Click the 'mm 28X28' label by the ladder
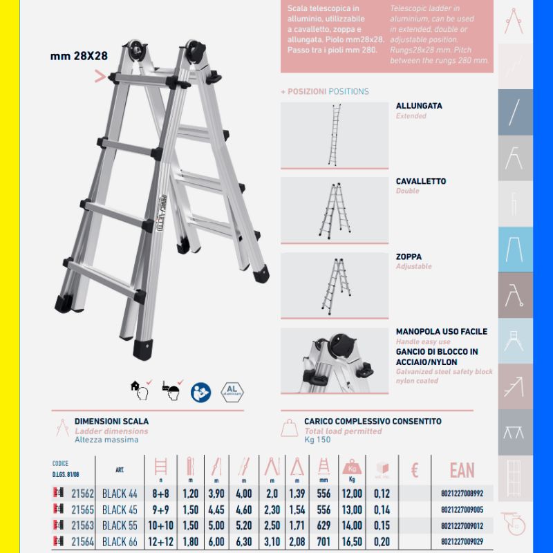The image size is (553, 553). pyautogui.click(x=79, y=57)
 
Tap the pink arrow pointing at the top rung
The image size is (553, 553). pyautogui.click(x=100, y=77)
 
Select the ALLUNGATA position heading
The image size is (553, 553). pyautogui.click(x=419, y=106)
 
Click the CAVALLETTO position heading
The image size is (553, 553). pyautogui.click(x=420, y=182)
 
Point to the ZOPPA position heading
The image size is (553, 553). pyautogui.click(x=409, y=257)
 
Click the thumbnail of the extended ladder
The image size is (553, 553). pyautogui.click(x=335, y=135)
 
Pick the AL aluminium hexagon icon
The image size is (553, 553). pyautogui.click(x=232, y=391)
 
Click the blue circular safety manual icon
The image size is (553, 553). pyautogui.click(x=200, y=391)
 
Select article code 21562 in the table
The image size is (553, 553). pyautogui.click(x=82, y=494)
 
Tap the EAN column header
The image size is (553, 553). pyautogui.click(x=462, y=471)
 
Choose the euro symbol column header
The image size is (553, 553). pyautogui.click(x=415, y=471)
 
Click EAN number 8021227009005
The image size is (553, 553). pyautogui.click(x=462, y=510)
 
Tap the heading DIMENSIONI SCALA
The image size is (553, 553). pyautogui.click(x=111, y=421)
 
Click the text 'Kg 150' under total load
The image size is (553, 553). pyautogui.click(x=317, y=440)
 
